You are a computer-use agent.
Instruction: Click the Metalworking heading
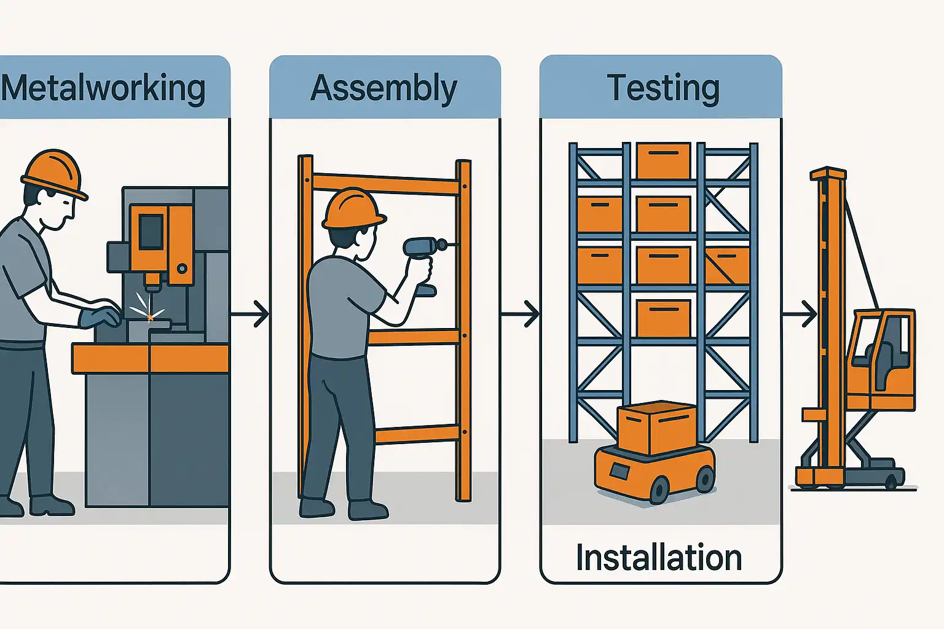pyautogui.click(x=103, y=88)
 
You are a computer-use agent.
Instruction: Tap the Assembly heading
pyautogui.click(x=384, y=88)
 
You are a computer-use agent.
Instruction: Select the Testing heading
pyautogui.click(x=663, y=88)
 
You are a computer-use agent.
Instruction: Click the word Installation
pyautogui.click(x=659, y=558)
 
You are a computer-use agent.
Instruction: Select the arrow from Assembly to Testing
pyautogui.click(x=521, y=314)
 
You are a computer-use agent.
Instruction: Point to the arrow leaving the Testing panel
pyautogui.click(x=800, y=314)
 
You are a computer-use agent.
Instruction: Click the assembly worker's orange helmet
pyautogui.click(x=353, y=208)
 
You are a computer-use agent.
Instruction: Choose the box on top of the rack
pyautogui.click(x=663, y=160)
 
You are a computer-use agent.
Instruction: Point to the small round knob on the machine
pyautogui.click(x=182, y=268)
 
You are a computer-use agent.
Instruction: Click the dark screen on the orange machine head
pyautogui.click(x=151, y=232)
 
